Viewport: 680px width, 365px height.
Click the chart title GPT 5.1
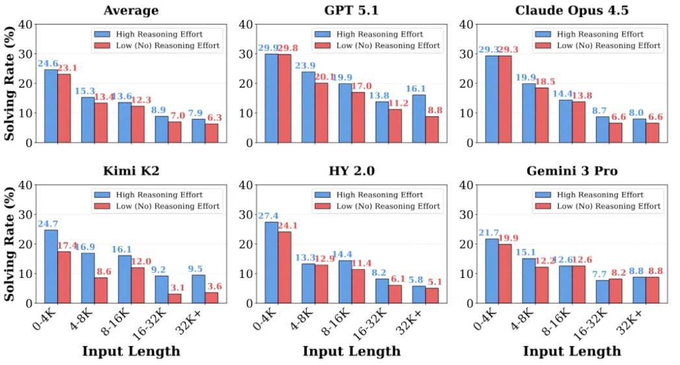tap(351, 10)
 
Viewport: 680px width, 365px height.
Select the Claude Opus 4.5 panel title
tap(572, 10)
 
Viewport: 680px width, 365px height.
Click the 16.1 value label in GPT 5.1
tap(419, 89)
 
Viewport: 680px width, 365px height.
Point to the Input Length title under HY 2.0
tap(351, 351)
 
